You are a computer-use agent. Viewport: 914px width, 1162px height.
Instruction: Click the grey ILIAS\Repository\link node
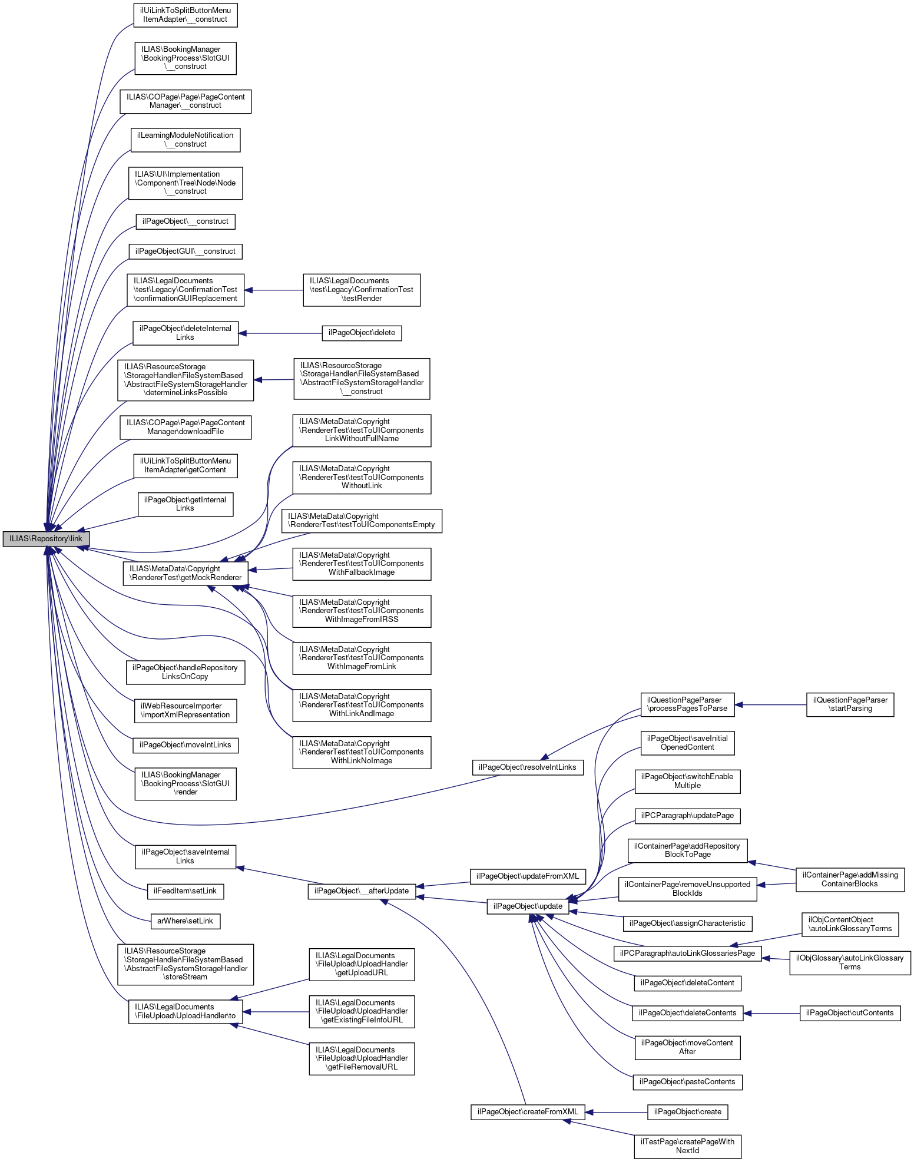point(46,539)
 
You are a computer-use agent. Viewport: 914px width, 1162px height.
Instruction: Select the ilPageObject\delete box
point(362,333)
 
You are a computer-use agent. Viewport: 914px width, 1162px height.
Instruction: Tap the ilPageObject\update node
point(528,906)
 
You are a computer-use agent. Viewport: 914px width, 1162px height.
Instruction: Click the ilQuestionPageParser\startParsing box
point(850,704)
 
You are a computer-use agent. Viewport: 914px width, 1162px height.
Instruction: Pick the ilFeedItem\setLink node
point(185,891)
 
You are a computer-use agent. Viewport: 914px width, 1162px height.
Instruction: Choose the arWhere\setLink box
point(185,921)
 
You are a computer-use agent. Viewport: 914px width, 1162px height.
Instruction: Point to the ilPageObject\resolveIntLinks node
point(527,767)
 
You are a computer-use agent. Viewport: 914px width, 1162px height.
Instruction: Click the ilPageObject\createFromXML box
point(527,1112)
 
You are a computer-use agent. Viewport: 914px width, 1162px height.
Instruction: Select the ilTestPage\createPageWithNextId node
point(687,1146)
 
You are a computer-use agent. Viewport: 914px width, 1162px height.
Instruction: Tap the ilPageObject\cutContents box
point(850,1013)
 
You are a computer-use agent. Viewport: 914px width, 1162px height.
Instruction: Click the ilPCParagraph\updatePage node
point(687,816)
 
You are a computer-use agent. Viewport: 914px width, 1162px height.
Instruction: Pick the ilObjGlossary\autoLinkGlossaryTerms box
point(850,962)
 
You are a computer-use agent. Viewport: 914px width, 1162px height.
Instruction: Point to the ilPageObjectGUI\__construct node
point(185,251)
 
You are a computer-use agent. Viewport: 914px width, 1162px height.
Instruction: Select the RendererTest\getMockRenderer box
point(186,573)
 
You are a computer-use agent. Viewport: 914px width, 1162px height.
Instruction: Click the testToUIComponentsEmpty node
point(362,521)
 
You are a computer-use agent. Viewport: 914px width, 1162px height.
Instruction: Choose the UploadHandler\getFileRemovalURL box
point(362,1058)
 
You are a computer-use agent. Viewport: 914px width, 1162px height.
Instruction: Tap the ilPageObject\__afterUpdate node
point(362,891)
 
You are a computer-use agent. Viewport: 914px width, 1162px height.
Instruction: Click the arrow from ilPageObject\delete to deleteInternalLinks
point(280,333)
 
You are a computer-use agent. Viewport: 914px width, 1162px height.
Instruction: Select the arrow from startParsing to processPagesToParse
point(770,704)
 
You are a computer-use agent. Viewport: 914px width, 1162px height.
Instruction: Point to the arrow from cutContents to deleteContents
point(771,1013)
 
